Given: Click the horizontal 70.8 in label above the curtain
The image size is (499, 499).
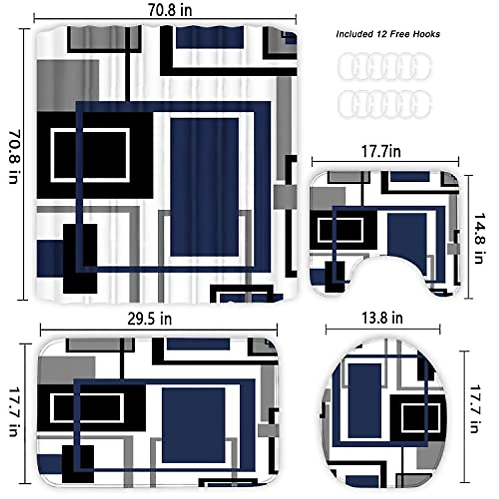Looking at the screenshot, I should (170, 10).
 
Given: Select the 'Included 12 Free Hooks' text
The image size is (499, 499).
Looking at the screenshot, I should (388, 34).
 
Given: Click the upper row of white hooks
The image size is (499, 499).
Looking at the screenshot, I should (385, 66).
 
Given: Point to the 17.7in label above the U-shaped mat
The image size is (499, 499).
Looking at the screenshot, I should (380, 151).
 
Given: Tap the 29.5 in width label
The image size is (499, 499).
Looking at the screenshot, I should (149, 319).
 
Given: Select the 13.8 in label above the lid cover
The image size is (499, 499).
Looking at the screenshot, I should (382, 318).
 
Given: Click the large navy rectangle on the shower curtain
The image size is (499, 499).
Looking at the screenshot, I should (204, 187).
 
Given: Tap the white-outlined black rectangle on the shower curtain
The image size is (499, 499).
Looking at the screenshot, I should (90, 155).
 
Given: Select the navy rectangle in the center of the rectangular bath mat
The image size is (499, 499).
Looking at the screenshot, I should (193, 425).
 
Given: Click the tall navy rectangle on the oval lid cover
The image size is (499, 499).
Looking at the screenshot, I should (365, 400).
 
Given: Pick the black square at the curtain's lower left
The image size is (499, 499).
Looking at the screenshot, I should (80, 258).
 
